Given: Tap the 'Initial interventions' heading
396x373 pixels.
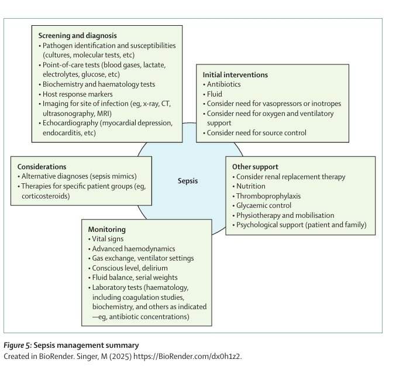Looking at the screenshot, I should click(x=235, y=75).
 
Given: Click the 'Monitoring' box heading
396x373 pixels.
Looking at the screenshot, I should click(x=106, y=230).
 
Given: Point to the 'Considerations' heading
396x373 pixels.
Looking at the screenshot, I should click(x=42, y=166).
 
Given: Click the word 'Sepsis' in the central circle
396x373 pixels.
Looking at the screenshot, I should click(x=188, y=180).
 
